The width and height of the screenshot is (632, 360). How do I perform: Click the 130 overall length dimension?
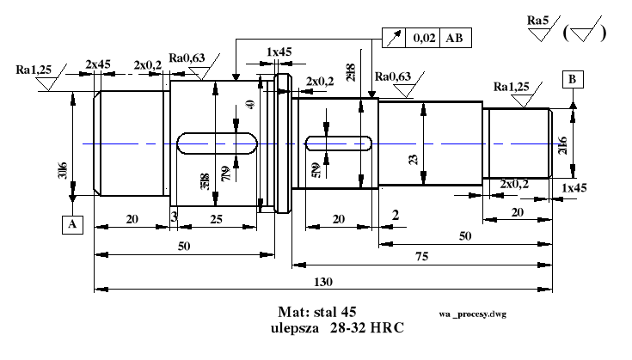pyautogui.click(x=323, y=282)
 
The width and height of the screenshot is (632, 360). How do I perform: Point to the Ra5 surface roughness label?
pyautogui.click(x=539, y=18)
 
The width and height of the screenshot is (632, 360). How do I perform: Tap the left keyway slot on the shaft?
pyautogui.click(x=217, y=143)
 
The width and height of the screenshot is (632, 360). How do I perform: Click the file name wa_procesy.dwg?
pyautogui.click(x=471, y=314)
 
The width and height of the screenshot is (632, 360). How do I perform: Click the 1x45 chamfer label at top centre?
pyautogui.click(x=279, y=52)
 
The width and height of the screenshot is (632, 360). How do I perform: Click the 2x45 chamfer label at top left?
pyautogui.click(x=97, y=64)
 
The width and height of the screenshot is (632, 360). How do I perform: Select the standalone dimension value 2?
pyautogui.click(x=395, y=214)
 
